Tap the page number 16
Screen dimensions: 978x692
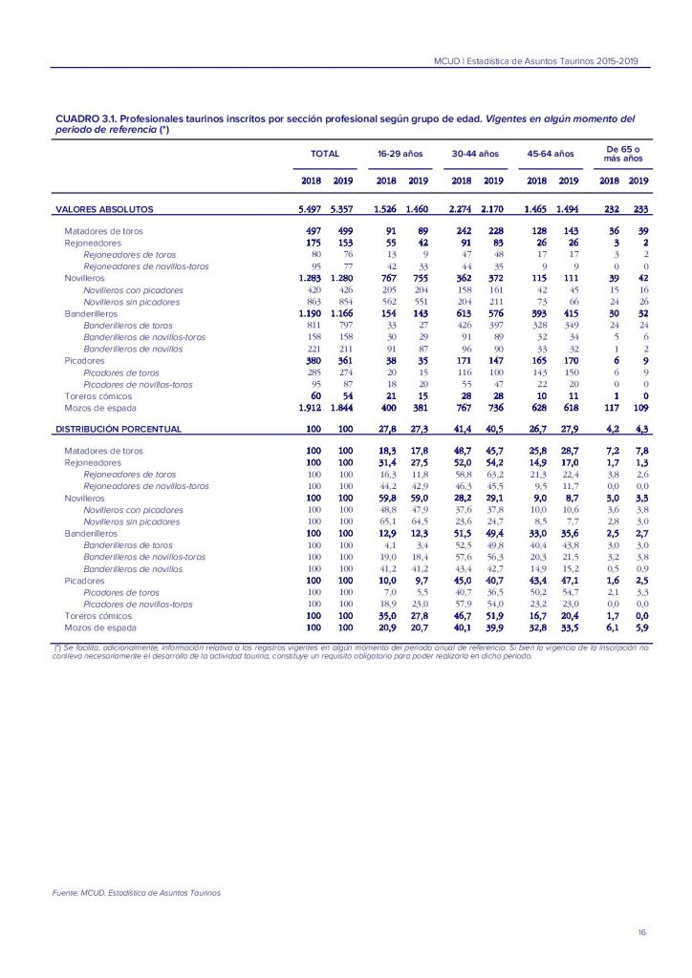[x=641, y=932]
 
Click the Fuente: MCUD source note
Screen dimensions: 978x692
[x=136, y=893]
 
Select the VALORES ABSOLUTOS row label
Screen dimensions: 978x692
[x=104, y=209]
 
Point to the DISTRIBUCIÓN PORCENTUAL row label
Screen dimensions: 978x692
[x=119, y=430]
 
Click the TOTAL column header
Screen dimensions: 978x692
[x=325, y=153]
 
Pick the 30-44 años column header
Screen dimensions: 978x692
[x=476, y=153]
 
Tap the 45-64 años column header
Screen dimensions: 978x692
[x=550, y=153]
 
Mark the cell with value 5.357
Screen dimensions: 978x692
[x=342, y=209]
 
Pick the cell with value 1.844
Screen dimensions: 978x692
[x=342, y=409]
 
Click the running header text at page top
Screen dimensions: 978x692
[x=535, y=63]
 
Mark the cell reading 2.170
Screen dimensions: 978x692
[x=492, y=209]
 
